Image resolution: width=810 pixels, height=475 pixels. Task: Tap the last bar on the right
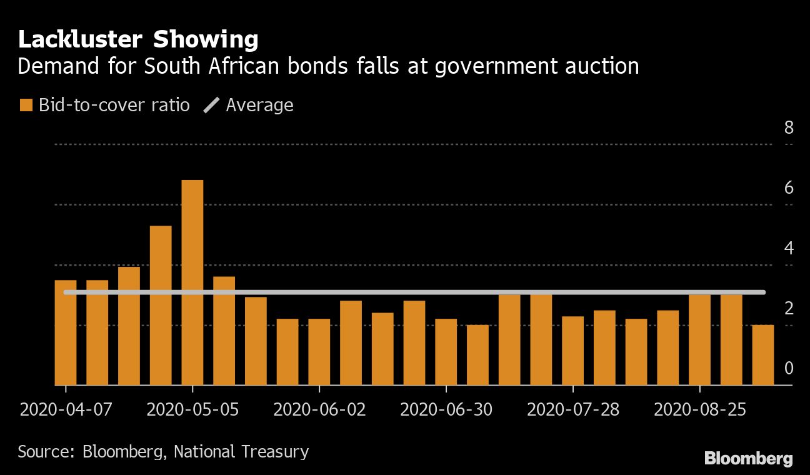point(762,355)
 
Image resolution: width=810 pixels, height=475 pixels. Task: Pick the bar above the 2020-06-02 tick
point(319,352)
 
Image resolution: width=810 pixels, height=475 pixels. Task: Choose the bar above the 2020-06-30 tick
point(446,352)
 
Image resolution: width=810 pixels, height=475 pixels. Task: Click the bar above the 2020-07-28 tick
point(573,351)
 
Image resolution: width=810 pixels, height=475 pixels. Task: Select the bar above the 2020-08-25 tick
point(699,339)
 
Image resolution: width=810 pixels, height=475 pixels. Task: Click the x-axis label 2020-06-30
point(446,410)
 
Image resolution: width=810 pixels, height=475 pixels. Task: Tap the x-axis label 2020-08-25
point(699,410)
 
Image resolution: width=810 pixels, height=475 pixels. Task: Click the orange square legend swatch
point(26,105)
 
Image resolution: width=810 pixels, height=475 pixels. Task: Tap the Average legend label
point(259,105)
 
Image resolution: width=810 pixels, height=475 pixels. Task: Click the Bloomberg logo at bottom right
point(748,458)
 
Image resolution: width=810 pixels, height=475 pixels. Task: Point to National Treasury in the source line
point(241,451)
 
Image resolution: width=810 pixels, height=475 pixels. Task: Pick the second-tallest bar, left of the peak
point(161,306)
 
